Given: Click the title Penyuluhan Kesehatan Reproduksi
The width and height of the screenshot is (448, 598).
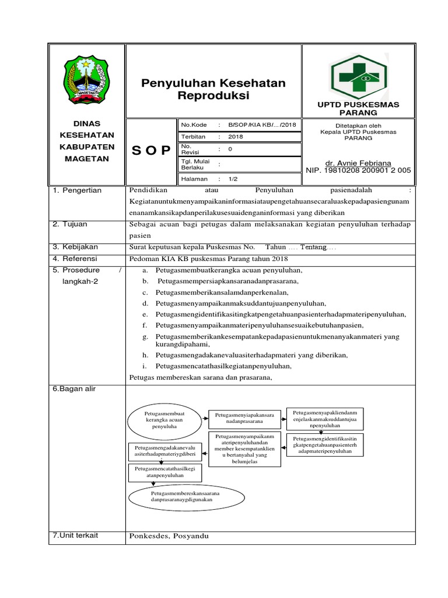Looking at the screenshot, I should tap(213, 89).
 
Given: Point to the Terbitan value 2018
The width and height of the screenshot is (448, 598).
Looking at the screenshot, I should tap(236, 137).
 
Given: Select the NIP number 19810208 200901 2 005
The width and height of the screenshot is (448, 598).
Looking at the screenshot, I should tap(358, 171).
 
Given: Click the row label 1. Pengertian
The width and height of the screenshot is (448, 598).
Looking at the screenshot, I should tap(77, 190).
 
